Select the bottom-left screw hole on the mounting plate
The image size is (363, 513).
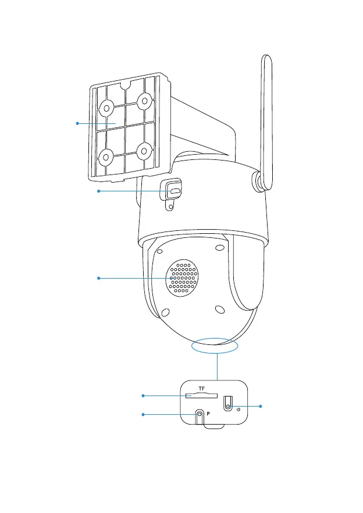coord(106,156)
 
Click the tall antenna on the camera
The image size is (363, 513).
coord(266,116)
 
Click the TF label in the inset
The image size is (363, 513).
coord(201,388)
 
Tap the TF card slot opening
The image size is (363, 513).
coord(201,396)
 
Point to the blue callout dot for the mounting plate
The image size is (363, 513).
coord(77,123)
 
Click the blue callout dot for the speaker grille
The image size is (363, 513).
coord(99,279)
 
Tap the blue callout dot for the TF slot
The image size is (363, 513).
coord(143,396)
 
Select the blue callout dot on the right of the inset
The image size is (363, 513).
coord(261,405)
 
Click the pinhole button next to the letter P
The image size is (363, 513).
coord(200,415)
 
